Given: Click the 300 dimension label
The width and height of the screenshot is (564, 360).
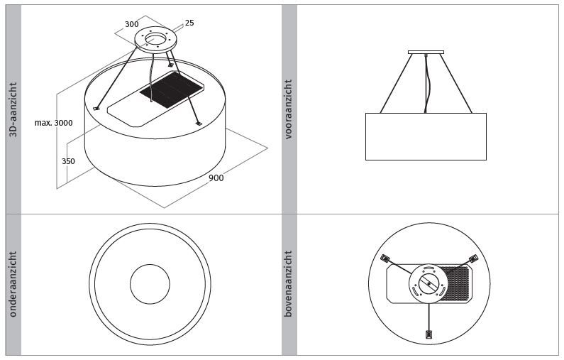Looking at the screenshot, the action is [132, 24].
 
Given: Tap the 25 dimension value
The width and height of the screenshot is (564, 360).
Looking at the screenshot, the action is [189, 23].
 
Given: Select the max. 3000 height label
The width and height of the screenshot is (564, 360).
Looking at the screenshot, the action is [54, 123].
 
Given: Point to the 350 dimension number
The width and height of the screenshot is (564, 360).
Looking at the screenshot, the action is [68, 161].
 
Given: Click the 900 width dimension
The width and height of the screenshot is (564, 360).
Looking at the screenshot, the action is [216, 178].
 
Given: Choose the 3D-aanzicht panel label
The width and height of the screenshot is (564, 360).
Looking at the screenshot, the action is [13, 109].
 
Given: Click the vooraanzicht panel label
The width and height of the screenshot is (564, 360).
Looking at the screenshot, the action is [289, 109].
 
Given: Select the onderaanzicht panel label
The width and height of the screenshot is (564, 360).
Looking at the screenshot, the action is [13, 285].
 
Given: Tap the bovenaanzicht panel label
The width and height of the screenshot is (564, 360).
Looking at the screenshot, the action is [289, 284].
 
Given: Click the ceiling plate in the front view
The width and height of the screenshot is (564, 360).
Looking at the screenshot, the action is [426, 53].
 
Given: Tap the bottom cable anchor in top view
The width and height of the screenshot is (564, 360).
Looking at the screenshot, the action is [428, 334].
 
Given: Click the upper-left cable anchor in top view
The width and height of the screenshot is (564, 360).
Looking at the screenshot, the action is [385, 258].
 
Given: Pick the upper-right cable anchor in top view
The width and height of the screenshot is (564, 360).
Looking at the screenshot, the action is [474, 258].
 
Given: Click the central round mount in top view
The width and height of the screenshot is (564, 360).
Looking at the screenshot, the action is [428, 284].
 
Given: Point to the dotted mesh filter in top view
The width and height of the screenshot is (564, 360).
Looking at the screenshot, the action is [456, 284].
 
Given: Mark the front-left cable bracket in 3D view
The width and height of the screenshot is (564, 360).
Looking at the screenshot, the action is [96, 109].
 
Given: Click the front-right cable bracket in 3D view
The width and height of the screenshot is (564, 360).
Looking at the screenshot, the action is [198, 124].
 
